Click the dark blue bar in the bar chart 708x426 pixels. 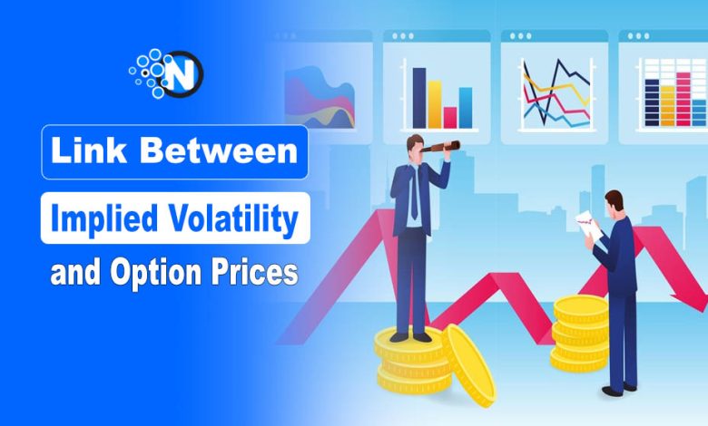coord(419,97)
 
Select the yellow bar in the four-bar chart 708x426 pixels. coord(435,103)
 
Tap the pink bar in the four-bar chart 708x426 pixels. coord(450,117)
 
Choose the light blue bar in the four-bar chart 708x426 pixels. coord(466,107)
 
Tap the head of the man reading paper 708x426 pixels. coord(615,201)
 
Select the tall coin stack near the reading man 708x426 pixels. coord(581,333)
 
